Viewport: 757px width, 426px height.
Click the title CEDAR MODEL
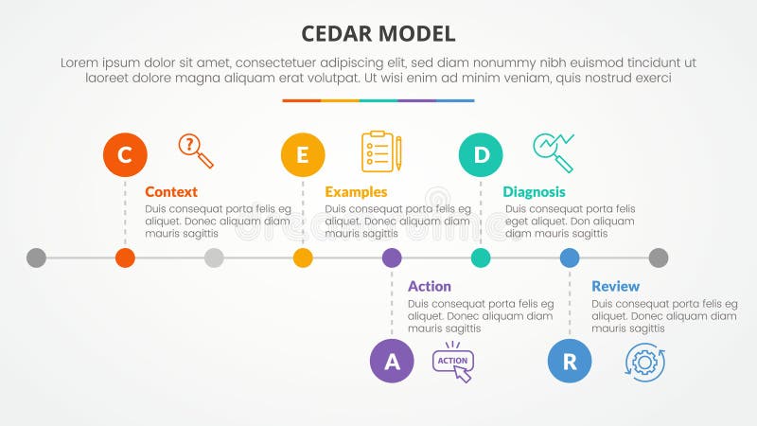tap(378, 33)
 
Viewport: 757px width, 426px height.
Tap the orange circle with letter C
tap(125, 154)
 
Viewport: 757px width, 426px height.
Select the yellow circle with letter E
tap(303, 154)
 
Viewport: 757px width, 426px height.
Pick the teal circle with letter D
tap(481, 154)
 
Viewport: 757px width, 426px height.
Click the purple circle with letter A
tap(392, 361)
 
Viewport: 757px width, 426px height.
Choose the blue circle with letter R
tap(570, 361)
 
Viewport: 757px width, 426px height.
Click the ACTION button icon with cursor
tap(453, 363)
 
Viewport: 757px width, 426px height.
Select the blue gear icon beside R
tap(644, 362)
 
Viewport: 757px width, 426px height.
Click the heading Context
tap(171, 191)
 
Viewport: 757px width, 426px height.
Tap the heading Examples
tap(356, 191)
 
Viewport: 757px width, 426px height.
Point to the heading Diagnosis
tap(534, 191)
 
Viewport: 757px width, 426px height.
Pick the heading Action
tap(430, 286)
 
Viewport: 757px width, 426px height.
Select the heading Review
tap(615, 286)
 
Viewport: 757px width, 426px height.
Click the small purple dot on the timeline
tap(392, 257)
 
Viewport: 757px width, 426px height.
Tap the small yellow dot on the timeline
tap(303, 257)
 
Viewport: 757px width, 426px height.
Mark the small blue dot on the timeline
tap(570, 257)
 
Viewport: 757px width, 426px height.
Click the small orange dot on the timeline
tap(125, 257)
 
